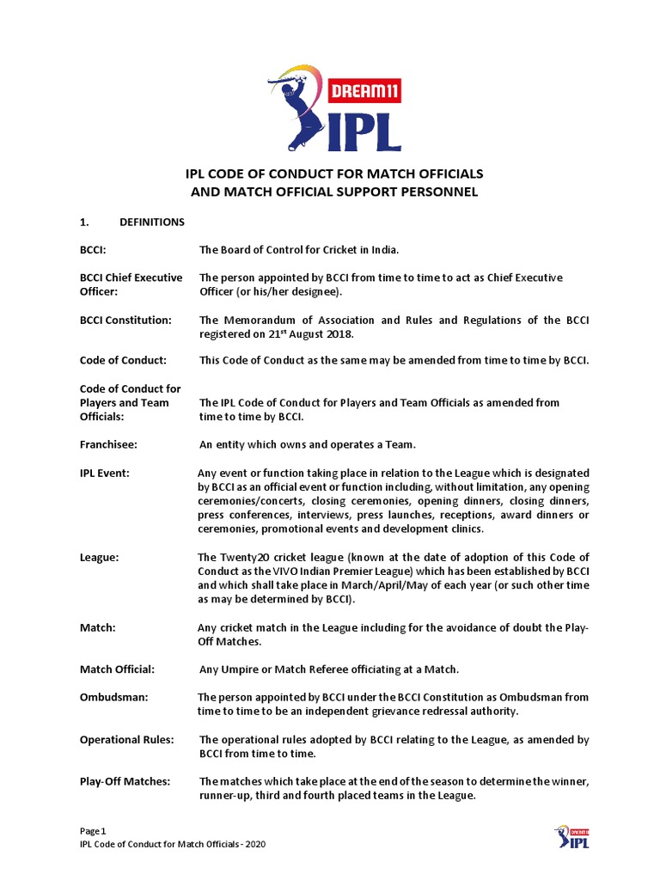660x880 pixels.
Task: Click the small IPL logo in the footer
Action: pos(571,839)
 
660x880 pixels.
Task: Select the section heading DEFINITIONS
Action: pos(152,222)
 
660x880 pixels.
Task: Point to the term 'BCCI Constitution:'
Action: pos(125,320)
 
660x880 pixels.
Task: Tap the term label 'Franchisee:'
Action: pos(108,444)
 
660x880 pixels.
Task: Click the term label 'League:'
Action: pos(100,557)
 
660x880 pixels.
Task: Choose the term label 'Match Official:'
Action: pos(117,669)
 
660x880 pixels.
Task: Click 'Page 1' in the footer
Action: pos(93,831)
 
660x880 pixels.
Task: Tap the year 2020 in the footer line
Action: pos(254,845)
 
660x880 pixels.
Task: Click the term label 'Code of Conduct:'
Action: pos(123,360)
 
